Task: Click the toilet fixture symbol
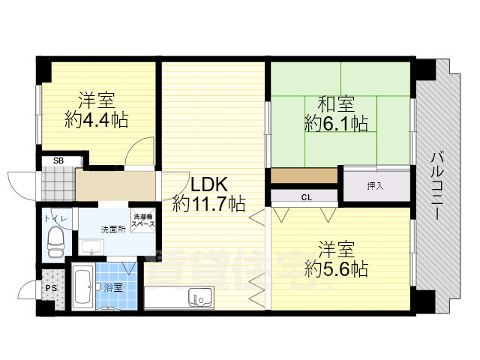pyautogui.click(x=55, y=238)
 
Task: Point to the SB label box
pyautogui.click(x=58, y=160)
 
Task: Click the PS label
pyautogui.click(x=51, y=286)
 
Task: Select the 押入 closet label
pyautogui.click(x=376, y=185)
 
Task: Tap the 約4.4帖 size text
pyautogui.click(x=96, y=119)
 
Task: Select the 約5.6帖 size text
pyautogui.click(x=336, y=268)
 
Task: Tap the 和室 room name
pyautogui.click(x=336, y=101)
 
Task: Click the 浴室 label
pyautogui.click(x=113, y=287)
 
